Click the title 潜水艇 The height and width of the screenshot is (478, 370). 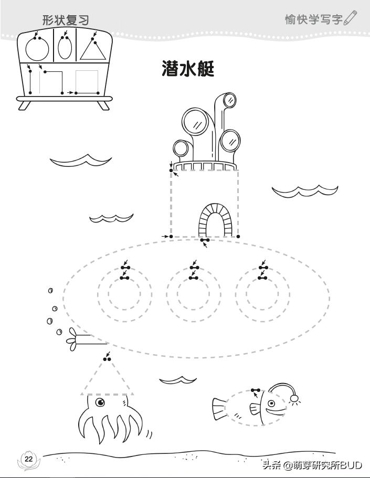[x=188, y=69]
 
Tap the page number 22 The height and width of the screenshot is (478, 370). [x=28, y=459]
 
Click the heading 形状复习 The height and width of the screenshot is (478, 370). [x=66, y=20]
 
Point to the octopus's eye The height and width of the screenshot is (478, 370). [x=100, y=402]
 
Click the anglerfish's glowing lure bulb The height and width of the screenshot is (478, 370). [x=295, y=399]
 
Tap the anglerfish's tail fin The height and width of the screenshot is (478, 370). [x=219, y=409]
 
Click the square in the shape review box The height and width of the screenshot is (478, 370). [x=87, y=82]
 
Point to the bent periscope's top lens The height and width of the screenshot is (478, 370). [x=229, y=100]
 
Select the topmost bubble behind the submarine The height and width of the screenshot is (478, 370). [x=50, y=290]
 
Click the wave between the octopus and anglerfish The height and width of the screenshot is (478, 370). [x=178, y=379]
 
